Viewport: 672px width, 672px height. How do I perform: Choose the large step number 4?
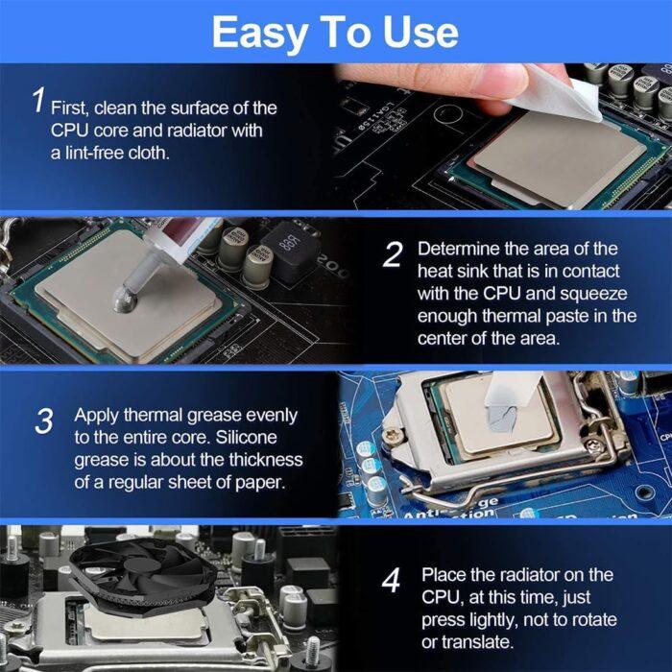tap(391, 581)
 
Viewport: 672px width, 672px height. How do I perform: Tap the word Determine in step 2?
tap(460, 249)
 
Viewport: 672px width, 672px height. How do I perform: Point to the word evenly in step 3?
tap(269, 416)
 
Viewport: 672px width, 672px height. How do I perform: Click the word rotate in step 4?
tap(592, 619)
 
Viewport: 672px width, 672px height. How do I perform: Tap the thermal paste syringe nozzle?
tap(149, 278)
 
